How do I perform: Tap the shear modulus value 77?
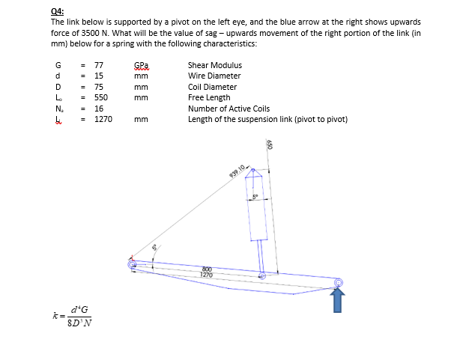[x=97, y=65]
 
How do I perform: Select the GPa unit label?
[x=141, y=65]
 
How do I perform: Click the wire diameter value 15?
[x=97, y=76]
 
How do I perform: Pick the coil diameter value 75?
[x=97, y=87]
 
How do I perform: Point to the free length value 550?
[x=100, y=97]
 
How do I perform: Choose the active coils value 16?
[x=97, y=109]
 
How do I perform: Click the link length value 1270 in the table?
[x=102, y=119]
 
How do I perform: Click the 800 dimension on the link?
[x=207, y=270]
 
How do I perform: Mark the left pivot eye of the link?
[x=133, y=263]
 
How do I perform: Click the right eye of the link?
[x=338, y=282]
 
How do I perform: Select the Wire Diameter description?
[x=214, y=76]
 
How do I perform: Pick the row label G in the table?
[x=57, y=65]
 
